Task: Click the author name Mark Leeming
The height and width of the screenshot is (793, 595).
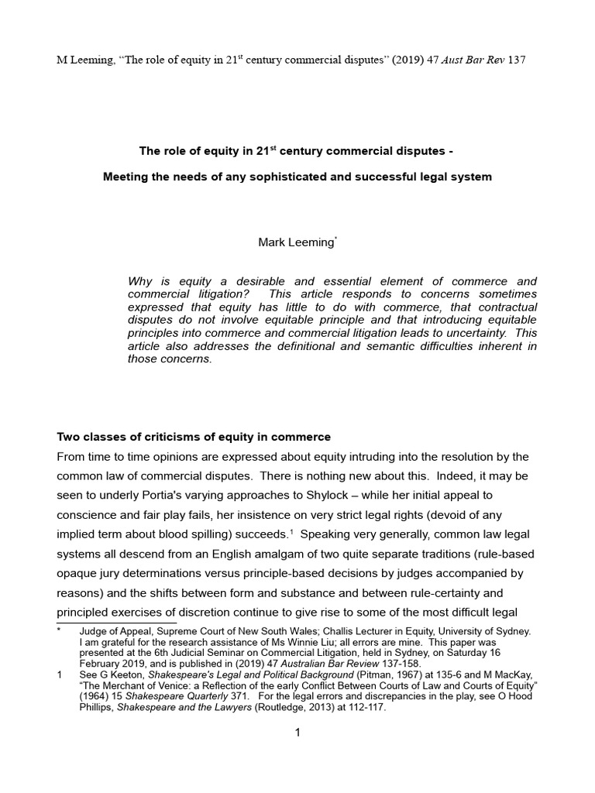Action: [296, 242]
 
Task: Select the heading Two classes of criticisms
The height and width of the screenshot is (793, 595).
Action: [194, 437]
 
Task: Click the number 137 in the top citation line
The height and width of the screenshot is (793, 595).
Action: [516, 60]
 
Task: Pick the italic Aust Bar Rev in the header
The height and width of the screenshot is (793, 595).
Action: [463, 60]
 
